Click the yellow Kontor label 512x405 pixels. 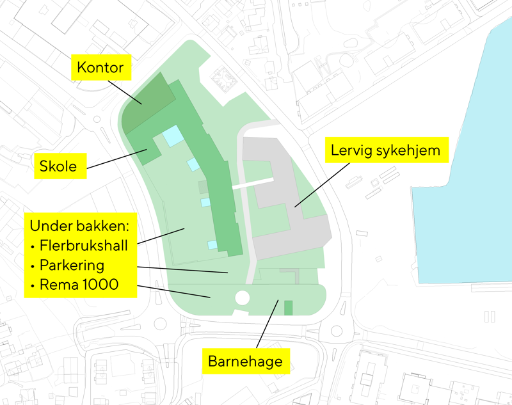(100, 67)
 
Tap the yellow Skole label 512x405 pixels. (58, 168)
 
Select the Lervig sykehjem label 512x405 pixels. (385, 151)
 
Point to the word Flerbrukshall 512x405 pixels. (84, 245)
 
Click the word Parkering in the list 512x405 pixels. (72, 265)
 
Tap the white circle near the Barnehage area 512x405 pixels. (243, 298)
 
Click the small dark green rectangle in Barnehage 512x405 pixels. (288, 307)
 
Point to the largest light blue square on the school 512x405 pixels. (172, 136)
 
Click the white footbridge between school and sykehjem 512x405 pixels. (253, 184)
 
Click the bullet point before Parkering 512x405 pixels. (33, 266)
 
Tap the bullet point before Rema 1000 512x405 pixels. (33, 285)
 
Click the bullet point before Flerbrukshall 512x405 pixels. (33, 246)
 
